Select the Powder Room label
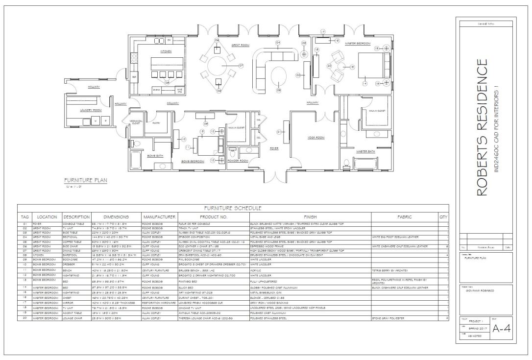[x=238, y=160]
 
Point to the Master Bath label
[x=365, y=151]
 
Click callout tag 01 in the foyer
[x=279, y=131]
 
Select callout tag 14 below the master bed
[x=364, y=84]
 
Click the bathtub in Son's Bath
[x=136, y=160]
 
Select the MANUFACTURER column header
[x=159, y=216]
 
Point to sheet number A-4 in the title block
[x=502, y=329]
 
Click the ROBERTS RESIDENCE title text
[x=482, y=127]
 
